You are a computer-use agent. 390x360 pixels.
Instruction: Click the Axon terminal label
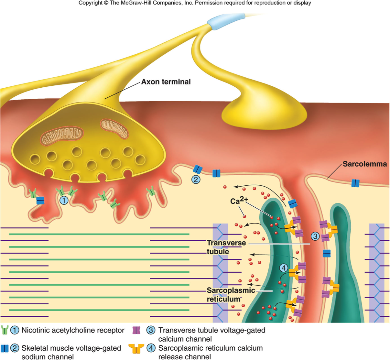166,82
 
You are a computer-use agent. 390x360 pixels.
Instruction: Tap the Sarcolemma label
364,164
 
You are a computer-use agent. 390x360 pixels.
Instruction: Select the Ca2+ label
239,201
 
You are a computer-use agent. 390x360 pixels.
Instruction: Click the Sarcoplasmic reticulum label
231,294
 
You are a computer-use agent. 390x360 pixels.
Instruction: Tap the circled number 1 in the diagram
64,201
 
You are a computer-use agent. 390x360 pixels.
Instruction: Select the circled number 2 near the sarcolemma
196,179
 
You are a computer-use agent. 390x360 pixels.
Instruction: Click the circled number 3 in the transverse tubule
315,236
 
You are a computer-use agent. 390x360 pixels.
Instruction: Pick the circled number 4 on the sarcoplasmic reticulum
283,268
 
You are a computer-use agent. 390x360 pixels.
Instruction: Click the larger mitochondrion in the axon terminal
62,136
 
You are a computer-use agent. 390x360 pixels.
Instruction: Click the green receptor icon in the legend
5,330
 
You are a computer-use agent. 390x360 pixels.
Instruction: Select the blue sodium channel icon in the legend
5,348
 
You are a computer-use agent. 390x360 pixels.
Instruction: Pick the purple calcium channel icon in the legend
136,330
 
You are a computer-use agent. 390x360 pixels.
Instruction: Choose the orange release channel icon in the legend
136,349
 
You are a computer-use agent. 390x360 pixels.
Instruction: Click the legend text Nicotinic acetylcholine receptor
73,330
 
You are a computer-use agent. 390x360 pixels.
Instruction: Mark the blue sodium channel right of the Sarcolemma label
355,183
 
